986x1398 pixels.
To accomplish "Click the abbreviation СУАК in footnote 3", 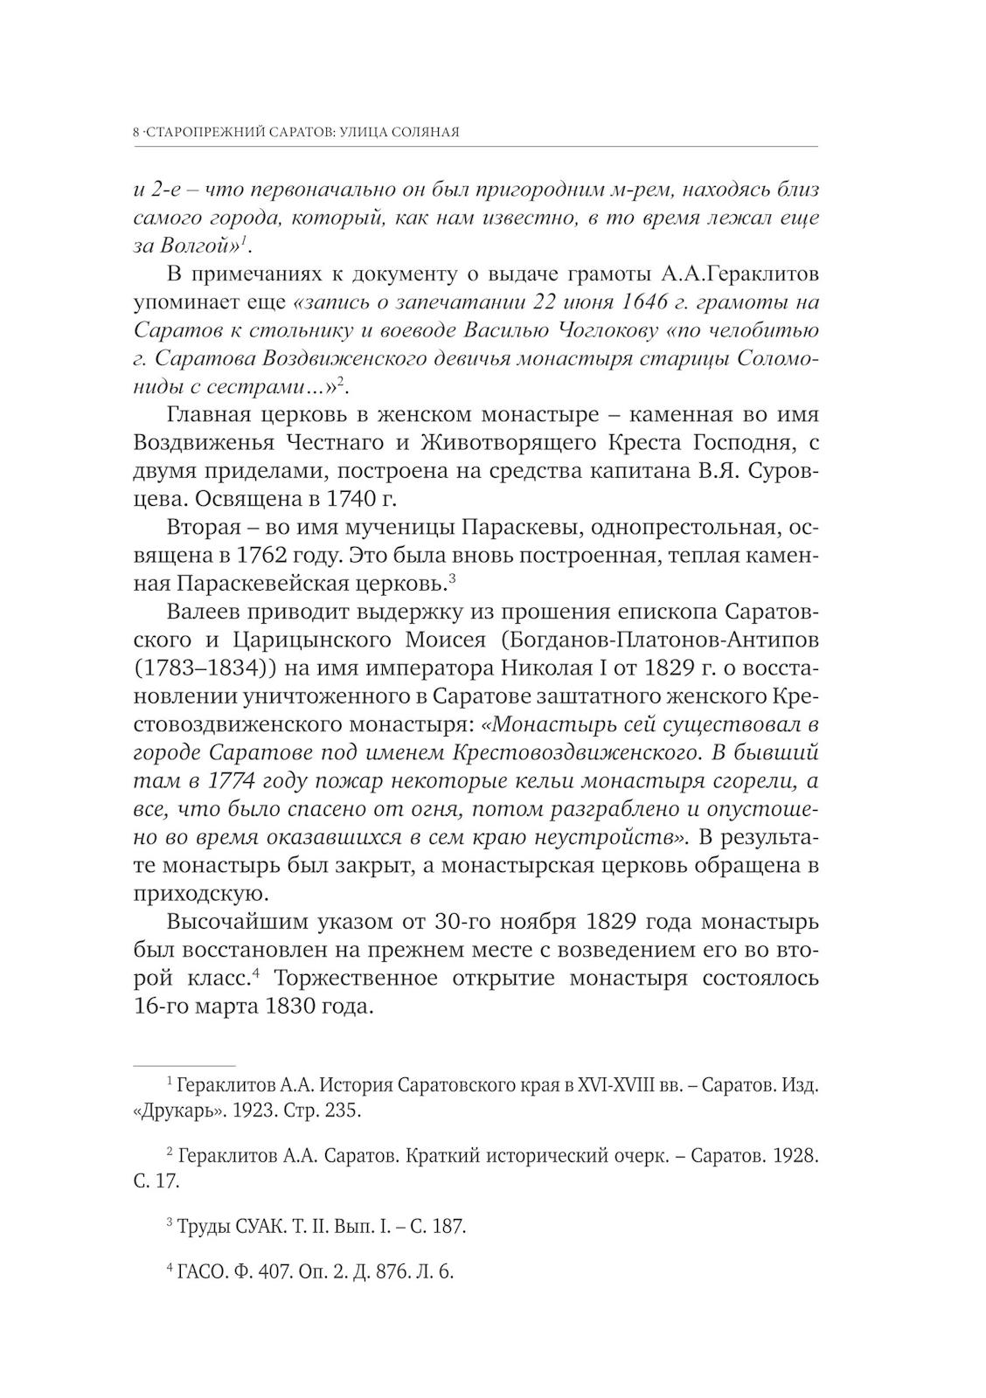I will point(260,1226).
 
